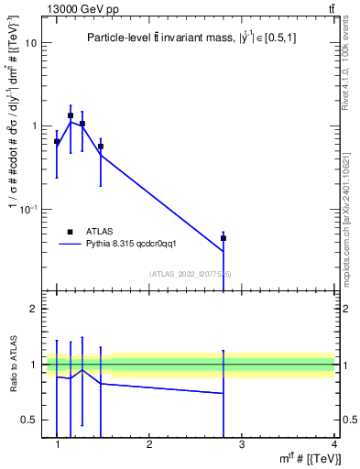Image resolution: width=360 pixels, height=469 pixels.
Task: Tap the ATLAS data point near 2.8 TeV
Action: [224, 238]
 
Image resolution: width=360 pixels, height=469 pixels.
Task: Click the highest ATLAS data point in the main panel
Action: [71, 116]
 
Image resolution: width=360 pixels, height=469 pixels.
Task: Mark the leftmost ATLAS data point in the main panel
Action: [57, 142]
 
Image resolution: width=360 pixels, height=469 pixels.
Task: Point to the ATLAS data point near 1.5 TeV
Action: [101, 147]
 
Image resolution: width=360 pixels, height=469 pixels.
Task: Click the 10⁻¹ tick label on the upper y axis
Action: [29, 210]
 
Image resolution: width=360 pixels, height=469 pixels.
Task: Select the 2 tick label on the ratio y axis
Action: [33, 310]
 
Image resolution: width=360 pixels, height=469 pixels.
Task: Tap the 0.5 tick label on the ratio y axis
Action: [29, 420]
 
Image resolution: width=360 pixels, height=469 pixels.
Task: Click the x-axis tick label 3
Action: [242, 444]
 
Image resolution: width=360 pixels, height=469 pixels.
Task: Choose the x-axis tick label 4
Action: [333, 444]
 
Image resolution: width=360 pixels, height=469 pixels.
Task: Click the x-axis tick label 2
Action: [149, 444]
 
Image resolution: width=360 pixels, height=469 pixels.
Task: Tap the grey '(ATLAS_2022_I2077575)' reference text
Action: [191, 274]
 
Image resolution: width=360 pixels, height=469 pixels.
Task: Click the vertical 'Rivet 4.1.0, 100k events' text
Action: [345, 65]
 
